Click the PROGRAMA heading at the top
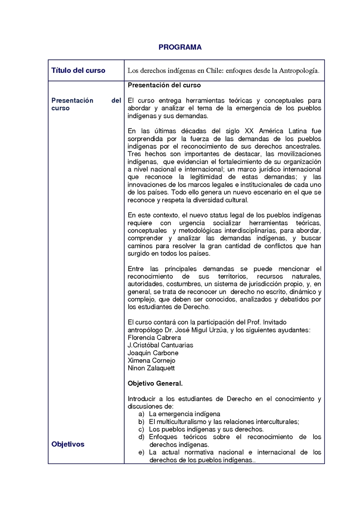pyautogui.click(x=180, y=47)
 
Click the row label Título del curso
pyautogui.click(x=78, y=71)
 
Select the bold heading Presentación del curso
pyautogui.click(x=164, y=85)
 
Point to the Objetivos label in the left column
pyautogui.click(x=68, y=444)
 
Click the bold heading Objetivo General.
pyautogui.click(x=155, y=384)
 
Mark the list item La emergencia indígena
pyautogui.click(x=184, y=414)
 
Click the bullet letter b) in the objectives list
pyautogui.click(x=141, y=421)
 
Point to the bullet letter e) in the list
pyautogui.click(x=141, y=452)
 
